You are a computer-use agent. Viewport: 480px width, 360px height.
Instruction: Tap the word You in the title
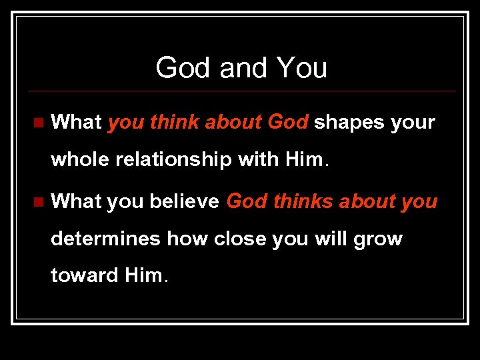[x=301, y=68]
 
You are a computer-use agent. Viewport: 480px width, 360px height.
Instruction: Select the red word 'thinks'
[x=301, y=201]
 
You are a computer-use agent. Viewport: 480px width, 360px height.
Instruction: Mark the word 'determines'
[x=105, y=238]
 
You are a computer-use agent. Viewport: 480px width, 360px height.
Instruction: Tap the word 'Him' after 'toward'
[x=143, y=275]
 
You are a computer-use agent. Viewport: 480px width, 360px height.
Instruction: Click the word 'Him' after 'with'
[x=304, y=160]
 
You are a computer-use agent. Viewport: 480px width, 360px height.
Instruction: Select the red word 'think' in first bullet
[x=175, y=123]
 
